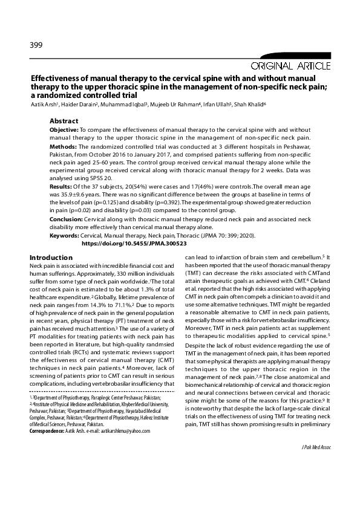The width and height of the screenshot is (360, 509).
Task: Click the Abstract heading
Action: (x=64, y=121)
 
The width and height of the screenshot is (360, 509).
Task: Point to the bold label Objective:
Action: (x=63, y=130)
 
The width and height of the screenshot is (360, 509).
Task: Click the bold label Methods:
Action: (x=62, y=147)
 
